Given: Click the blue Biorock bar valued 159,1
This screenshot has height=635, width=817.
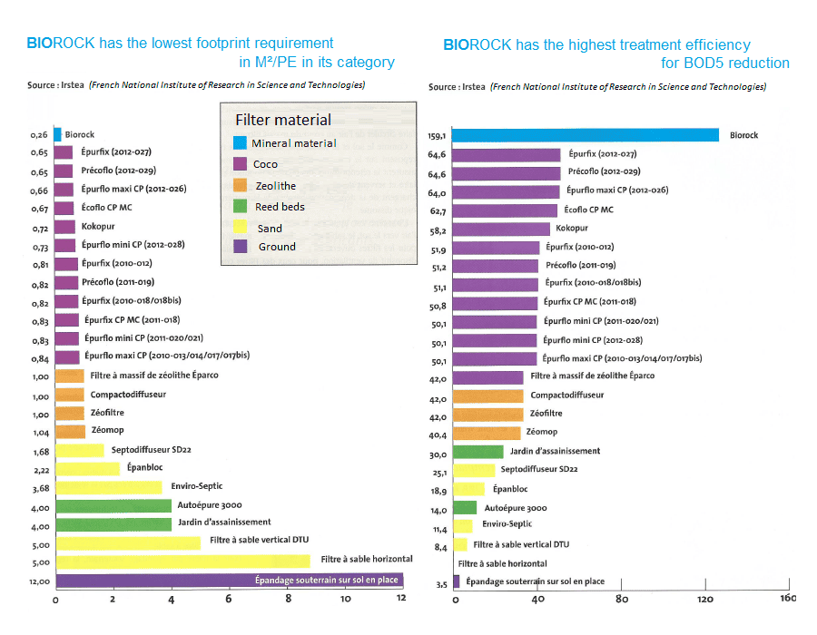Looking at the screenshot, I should click(x=586, y=135).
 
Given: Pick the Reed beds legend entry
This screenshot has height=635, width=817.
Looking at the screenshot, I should click(x=280, y=207).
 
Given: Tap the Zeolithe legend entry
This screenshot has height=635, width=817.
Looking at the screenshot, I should click(x=274, y=186).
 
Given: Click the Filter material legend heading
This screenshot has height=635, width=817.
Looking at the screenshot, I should click(x=283, y=120).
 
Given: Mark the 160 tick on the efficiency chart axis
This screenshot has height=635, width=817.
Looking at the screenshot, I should click(x=788, y=600).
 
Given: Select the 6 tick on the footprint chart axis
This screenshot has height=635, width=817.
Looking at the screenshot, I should click(x=229, y=600).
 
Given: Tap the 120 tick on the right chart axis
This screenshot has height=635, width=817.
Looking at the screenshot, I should click(x=705, y=600).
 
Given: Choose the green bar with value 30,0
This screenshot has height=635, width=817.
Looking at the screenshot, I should click(x=477, y=451).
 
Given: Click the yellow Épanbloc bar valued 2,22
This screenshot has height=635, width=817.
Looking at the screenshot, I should click(x=88, y=469).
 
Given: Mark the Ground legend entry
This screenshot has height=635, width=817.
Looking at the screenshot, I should click(x=277, y=247).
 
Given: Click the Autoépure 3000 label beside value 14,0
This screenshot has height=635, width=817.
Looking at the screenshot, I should click(x=516, y=507).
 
